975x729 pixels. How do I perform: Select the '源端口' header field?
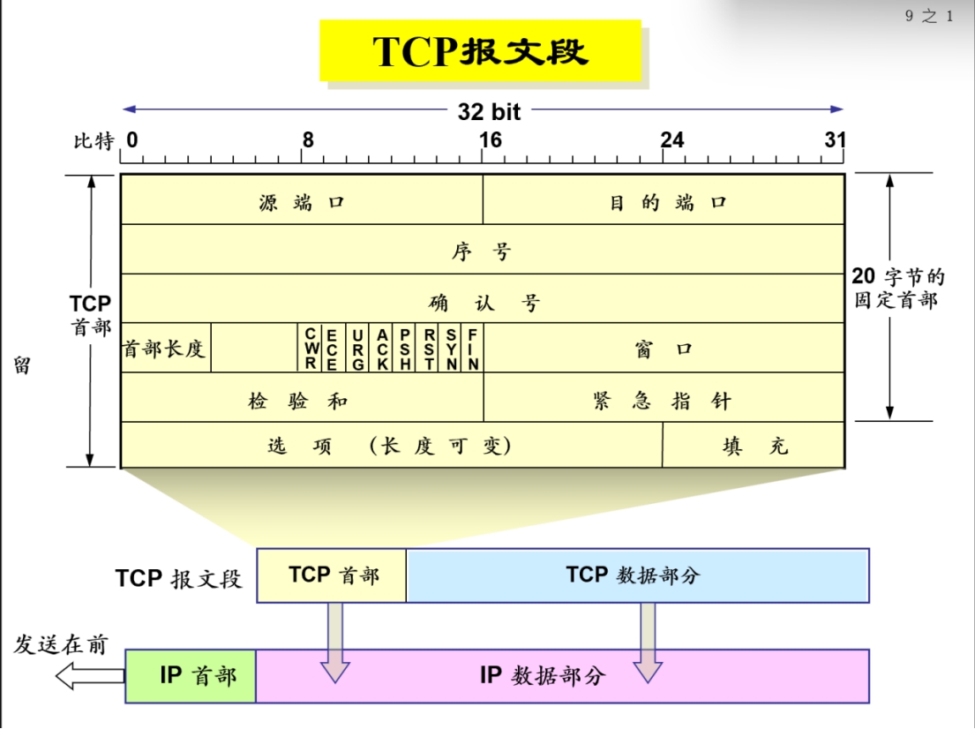(x=302, y=200)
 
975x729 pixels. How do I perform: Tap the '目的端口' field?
(x=664, y=200)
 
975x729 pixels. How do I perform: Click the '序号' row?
(x=482, y=250)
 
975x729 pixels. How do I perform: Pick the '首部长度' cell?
(x=165, y=349)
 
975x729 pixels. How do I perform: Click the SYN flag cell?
(x=451, y=349)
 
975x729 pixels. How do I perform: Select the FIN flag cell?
(x=473, y=349)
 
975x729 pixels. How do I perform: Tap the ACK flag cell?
(x=382, y=349)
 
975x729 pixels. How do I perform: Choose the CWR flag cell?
(x=311, y=349)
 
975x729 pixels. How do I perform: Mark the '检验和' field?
(x=302, y=399)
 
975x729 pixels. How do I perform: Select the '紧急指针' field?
(x=664, y=399)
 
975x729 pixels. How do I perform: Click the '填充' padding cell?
(x=754, y=446)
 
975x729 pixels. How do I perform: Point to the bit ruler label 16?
(x=490, y=140)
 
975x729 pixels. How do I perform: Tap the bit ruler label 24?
(x=672, y=140)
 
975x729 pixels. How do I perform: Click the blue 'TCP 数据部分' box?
(x=637, y=575)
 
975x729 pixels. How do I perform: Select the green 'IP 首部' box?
(x=191, y=676)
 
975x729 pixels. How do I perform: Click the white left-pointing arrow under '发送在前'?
(x=89, y=677)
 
